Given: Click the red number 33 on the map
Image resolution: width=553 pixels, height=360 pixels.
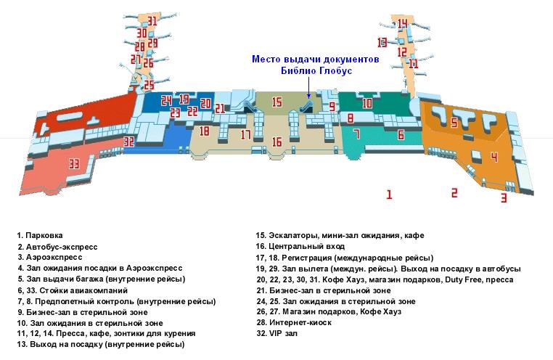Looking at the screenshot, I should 73,163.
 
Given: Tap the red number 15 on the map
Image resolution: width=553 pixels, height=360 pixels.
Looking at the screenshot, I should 276,103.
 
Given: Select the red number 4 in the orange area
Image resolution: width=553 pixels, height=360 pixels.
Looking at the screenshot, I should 494,157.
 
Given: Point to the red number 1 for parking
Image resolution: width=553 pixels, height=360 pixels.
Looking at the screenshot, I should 389,194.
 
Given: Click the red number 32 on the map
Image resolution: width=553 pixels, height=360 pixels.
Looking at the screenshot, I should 129,142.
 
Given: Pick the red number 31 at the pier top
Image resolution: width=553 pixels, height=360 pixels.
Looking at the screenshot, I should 152,20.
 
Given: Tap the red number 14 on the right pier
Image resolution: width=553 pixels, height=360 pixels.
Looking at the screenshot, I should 402,24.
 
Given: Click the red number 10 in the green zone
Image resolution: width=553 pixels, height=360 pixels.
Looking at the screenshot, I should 367,104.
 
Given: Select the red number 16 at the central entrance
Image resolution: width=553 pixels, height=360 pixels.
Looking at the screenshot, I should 276,142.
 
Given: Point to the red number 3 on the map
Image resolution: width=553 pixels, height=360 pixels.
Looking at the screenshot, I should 503,197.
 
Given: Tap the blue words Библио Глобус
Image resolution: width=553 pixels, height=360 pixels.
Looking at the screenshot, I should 316,71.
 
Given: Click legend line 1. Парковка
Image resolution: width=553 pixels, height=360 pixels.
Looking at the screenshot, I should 41,236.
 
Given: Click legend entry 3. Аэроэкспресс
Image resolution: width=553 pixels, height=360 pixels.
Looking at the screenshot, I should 49,257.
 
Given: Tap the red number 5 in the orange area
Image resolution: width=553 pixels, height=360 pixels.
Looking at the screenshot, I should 454,123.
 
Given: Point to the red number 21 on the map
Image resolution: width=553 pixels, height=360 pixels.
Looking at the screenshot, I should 220,108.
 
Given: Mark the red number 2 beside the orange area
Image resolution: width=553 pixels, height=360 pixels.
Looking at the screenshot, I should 454,192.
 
